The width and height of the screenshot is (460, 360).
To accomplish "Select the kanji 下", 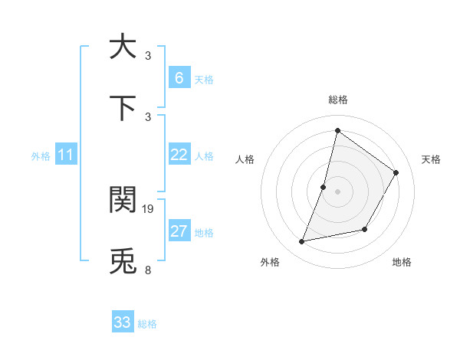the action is (123, 108).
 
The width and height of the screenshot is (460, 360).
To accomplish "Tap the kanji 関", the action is (123, 199).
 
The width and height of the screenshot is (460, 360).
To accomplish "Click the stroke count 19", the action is (149, 208).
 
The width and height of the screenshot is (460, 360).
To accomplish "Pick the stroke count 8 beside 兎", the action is (148, 270).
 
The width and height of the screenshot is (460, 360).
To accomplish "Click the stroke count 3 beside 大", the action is (148, 55).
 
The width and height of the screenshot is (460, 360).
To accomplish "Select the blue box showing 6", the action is (179, 77).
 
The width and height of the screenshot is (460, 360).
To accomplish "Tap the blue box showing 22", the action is (179, 155).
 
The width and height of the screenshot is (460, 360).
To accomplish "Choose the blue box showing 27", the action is (179, 231).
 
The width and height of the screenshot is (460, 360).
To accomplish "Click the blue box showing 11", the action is (65, 155).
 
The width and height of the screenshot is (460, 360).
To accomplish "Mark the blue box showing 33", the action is (123, 322).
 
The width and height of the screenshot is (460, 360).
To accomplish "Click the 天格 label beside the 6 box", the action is (204, 79).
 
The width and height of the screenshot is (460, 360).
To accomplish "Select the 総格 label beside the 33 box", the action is (147, 324).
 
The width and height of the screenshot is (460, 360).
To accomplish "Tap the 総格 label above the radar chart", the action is (337, 100).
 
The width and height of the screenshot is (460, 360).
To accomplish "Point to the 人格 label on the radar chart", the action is (245, 159).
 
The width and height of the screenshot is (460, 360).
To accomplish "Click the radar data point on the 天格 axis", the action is (396, 172).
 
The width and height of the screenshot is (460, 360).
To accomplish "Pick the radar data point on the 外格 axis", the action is (302, 242).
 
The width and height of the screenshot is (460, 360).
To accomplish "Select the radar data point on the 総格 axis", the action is (337, 130).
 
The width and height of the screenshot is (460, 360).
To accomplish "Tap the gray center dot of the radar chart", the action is (337, 191).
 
